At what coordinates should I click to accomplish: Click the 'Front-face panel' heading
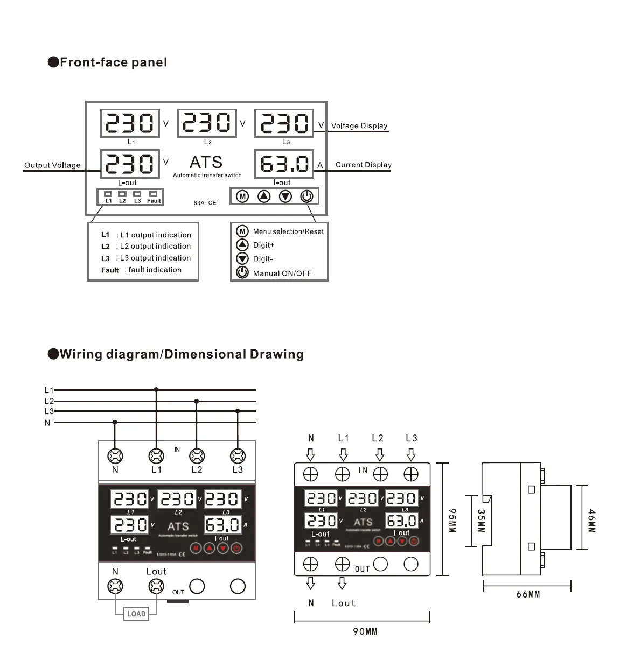pos(113,62)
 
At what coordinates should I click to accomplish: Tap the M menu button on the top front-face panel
pos(242,196)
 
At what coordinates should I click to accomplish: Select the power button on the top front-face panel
pos(306,196)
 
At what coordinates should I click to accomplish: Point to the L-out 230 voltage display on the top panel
pos(130,164)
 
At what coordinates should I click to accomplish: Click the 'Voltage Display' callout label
pos(359,126)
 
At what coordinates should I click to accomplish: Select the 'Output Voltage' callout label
pos(52,165)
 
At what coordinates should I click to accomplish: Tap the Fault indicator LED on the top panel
pos(154,194)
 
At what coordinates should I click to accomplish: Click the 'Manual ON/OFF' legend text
pos(282,273)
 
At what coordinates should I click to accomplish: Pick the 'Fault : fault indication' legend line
pos(141,270)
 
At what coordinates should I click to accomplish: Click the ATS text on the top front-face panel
pos(206,162)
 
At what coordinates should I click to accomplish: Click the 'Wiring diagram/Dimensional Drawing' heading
pos(182,354)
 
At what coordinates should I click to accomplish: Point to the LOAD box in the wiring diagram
pos(136,614)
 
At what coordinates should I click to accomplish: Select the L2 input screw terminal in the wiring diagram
pos(197,456)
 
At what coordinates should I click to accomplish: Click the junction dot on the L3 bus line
pos(238,411)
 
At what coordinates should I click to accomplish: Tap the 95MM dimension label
pos(452,520)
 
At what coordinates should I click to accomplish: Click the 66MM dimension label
pos(528,594)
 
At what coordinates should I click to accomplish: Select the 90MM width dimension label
pos(365,631)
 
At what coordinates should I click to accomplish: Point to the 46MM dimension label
pos(591,521)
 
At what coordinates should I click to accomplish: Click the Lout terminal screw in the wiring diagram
pos(156,586)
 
